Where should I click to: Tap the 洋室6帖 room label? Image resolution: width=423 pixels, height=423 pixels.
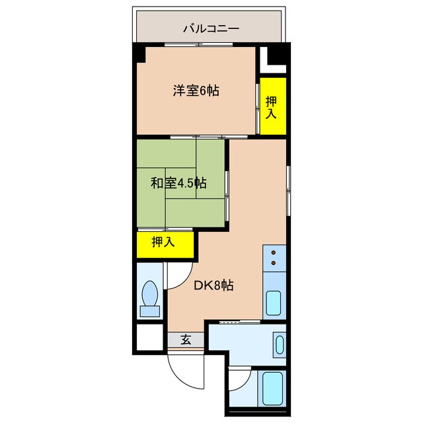pos(196,92)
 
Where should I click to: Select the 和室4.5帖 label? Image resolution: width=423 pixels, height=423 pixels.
pos(178,182)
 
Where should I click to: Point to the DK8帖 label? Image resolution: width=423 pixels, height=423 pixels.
pos(213,286)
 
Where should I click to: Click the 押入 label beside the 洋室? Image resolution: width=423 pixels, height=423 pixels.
pos(272,106)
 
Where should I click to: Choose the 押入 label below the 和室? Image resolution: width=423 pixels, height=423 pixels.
pos(163,242)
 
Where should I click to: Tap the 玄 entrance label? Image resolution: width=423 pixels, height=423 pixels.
pos(186,340)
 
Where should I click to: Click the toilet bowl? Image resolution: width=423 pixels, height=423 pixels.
pos(151,291)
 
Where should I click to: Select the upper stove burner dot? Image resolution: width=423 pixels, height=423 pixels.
pos(272,253)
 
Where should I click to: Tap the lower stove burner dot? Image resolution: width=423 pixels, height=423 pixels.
pos(272,264)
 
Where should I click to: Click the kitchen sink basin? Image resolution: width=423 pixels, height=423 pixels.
pos(274,303)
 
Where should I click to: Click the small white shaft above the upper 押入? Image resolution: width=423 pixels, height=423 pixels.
pos(270,61)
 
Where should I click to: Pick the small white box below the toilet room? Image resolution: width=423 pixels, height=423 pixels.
pos(150,337)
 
